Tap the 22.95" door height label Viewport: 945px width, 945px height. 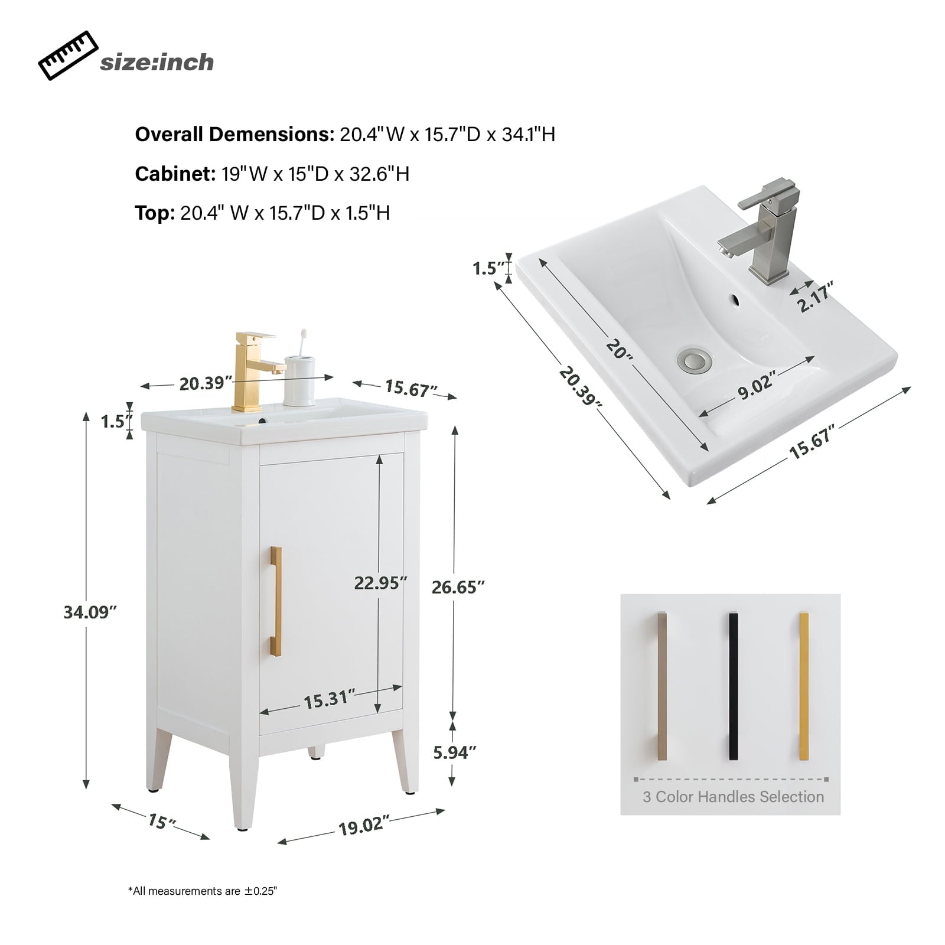(380, 583)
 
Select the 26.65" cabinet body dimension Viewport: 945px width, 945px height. (458, 587)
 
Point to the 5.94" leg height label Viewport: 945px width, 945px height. (454, 752)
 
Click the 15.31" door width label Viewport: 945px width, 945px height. (330, 700)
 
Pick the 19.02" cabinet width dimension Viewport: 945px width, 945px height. (364, 825)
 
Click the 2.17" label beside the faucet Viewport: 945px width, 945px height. (816, 296)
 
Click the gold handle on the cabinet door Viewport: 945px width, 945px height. (276, 601)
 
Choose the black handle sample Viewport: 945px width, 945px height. (733, 686)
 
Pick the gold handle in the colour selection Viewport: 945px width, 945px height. (803, 686)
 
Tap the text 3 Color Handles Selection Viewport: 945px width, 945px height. (733, 797)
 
